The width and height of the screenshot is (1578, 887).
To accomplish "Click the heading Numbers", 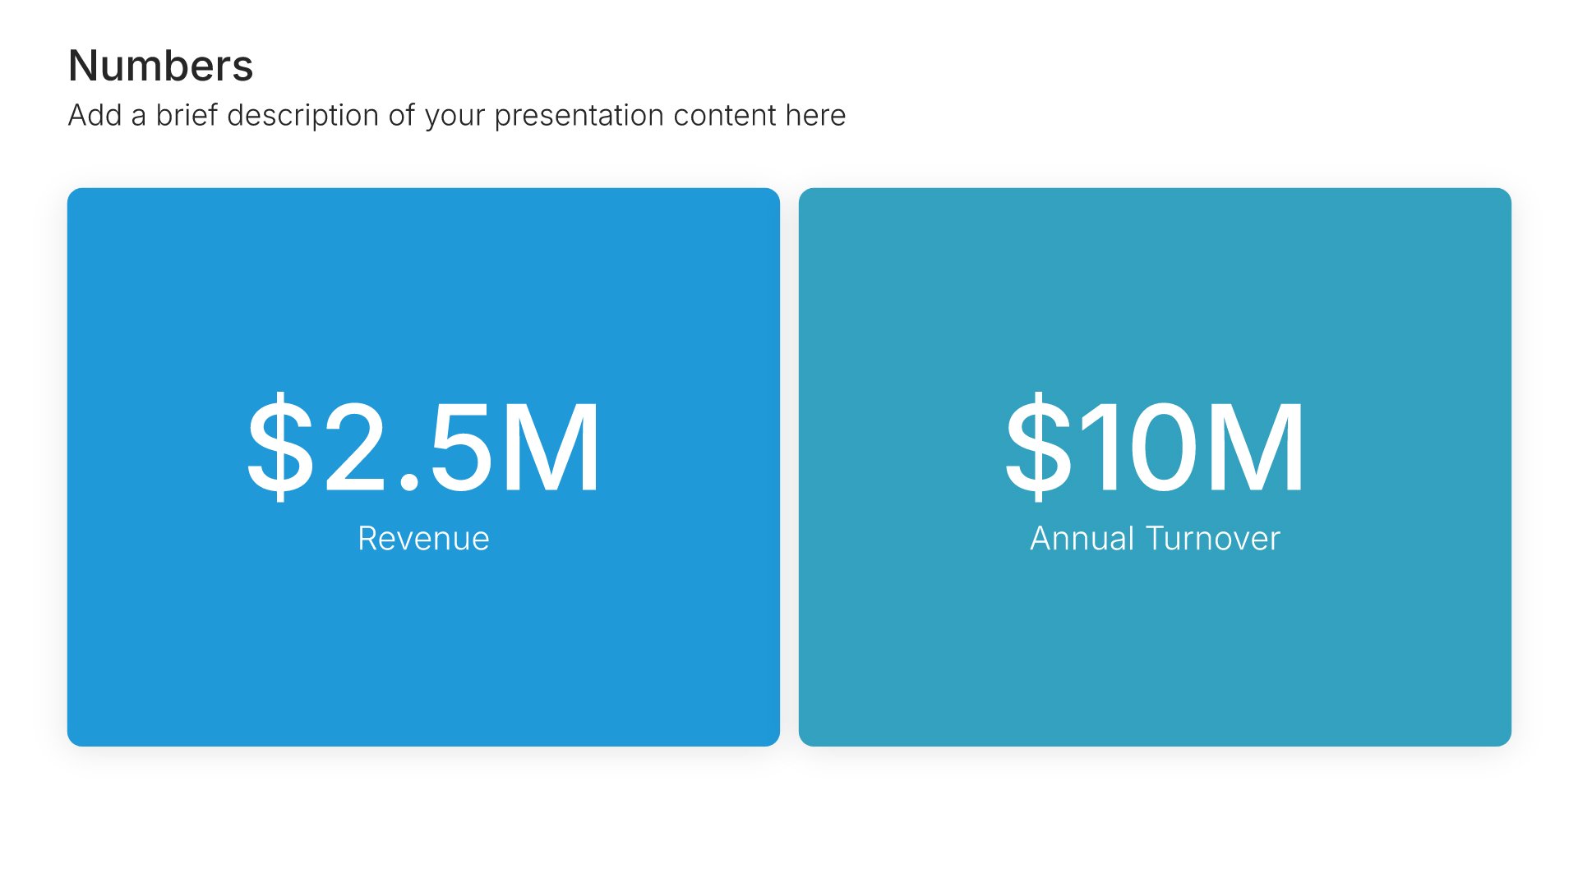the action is (161, 66).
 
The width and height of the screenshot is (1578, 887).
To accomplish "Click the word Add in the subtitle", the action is (95, 115).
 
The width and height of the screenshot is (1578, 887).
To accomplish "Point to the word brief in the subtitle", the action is (187, 115).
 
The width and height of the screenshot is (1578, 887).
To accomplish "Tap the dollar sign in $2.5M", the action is (280, 447).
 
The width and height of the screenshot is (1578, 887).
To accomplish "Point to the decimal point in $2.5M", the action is (408, 483).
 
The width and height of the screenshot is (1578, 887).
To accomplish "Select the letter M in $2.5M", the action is (551, 447).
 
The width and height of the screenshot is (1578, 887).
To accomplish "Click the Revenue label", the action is (423, 539).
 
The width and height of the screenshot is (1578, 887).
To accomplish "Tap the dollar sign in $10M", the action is (1039, 447).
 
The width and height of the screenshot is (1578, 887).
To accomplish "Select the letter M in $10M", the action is (1255, 447).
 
